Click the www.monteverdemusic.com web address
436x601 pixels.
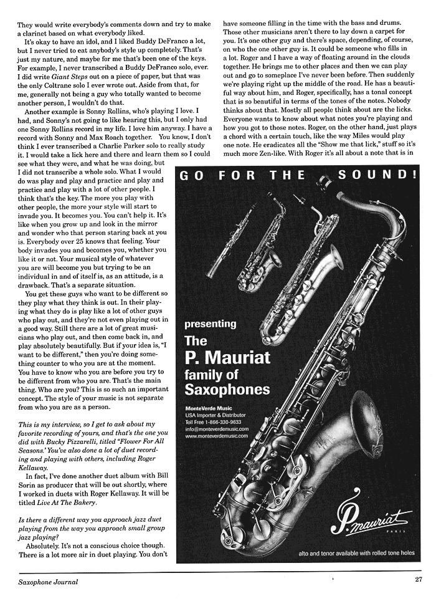click(217, 436)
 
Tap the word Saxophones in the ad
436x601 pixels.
click(227, 390)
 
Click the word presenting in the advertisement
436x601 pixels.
click(211, 324)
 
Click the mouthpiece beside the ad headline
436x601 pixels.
click(322, 183)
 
